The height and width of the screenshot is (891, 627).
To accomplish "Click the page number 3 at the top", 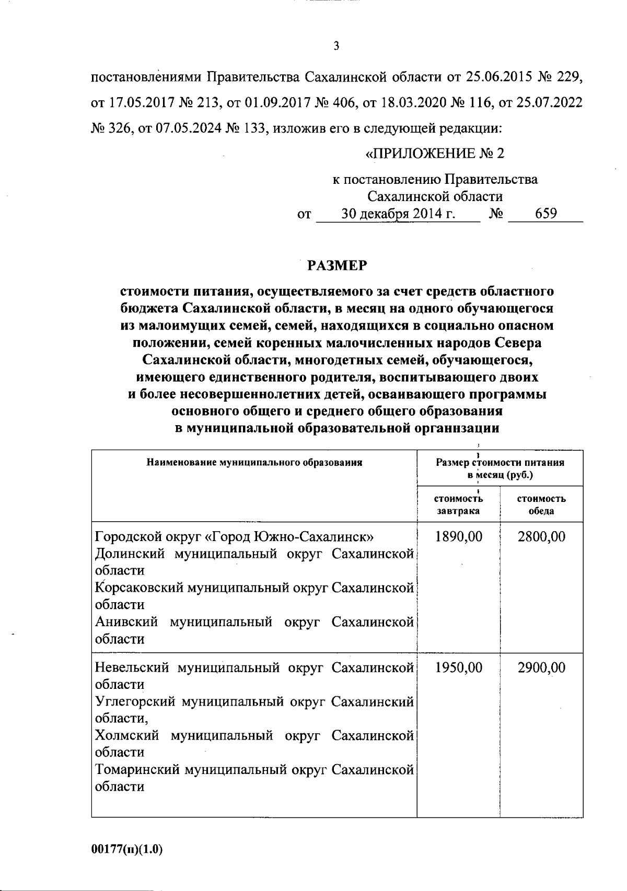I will (x=336, y=46).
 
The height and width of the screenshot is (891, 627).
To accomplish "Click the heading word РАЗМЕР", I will (x=337, y=266).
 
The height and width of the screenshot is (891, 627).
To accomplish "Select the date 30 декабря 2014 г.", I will (x=398, y=214).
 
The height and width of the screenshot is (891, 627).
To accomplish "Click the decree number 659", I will (x=545, y=214).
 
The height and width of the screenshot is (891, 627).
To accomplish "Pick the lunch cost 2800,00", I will (x=541, y=536).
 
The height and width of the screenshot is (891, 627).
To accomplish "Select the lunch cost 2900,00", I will (x=541, y=667).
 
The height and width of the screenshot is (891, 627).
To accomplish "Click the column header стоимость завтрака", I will (x=458, y=505).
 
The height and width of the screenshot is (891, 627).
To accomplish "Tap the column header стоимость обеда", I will (x=541, y=505).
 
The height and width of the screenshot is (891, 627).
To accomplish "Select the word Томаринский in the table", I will (x=136, y=769).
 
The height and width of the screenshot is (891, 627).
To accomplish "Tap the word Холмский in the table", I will (x=127, y=735).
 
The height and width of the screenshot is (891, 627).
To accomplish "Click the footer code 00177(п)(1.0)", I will (x=127, y=850).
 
